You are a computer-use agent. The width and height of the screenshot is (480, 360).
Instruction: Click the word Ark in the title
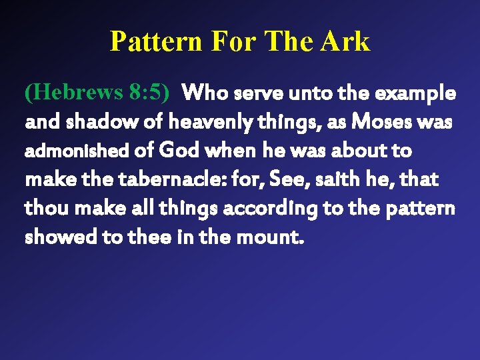coord(344,41)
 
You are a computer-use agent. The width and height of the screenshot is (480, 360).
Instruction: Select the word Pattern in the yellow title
coord(156,41)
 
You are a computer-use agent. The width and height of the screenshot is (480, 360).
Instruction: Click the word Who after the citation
coord(209,93)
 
